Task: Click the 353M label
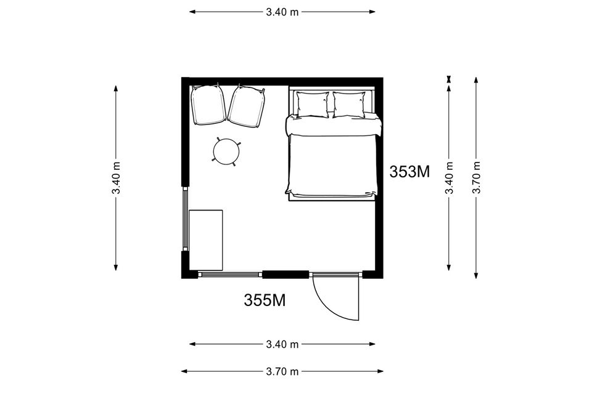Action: click(x=409, y=172)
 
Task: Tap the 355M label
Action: click(x=265, y=300)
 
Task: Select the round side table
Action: click(x=226, y=152)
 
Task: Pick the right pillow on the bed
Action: click(x=349, y=105)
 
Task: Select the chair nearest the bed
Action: click(x=246, y=106)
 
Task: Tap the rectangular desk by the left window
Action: click(x=206, y=240)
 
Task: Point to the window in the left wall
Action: click(x=186, y=219)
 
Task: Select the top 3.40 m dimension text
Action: click(x=282, y=12)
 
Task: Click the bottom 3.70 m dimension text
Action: click(x=282, y=372)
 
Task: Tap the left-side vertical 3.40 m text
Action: click(x=116, y=177)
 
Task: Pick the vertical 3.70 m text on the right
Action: click(x=477, y=177)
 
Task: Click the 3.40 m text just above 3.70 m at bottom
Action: click(x=282, y=344)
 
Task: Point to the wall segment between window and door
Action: click(x=286, y=275)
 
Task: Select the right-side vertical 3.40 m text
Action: click(x=450, y=177)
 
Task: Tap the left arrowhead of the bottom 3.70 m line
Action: click(x=184, y=371)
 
